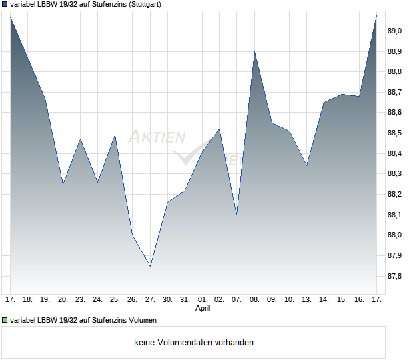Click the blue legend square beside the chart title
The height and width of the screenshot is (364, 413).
tap(5, 4)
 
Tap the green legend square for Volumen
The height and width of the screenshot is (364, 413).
tap(5, 320)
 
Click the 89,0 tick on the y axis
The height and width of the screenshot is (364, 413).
tap(395, 31)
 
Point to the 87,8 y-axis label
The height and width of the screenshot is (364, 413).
tap(395, 276)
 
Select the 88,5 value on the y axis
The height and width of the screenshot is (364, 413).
tap(395, 133)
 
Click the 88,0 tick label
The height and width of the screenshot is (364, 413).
tap(395, 235)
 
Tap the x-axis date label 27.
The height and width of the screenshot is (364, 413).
tap(150, 299)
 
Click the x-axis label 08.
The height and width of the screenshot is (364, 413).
tap(254, 299)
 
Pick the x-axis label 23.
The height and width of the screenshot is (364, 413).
tap(81, 299)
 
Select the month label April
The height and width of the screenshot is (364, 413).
tap(203, 309)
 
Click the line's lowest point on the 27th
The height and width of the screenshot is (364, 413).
tap(150, 266)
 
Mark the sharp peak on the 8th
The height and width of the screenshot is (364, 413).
tap(254, 51)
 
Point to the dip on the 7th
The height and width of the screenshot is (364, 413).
tap(237, 215)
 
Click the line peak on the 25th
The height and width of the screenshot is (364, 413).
tap(115, 135)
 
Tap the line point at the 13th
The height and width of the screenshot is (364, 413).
tap(306, 165)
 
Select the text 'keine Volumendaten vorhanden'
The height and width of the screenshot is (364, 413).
tap(194, 343)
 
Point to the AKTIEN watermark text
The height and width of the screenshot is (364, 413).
tap(157, 137)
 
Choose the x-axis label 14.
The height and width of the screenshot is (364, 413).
tap(324, 299)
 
